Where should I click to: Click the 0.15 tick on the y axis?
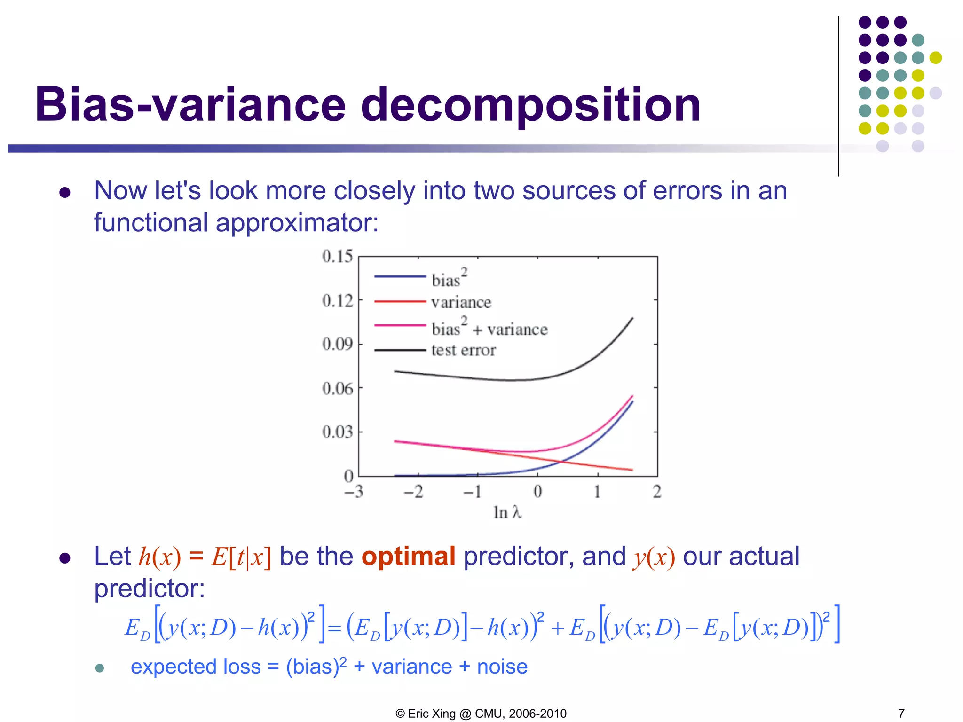coord(337,257)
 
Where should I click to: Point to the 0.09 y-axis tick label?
coord(337,344)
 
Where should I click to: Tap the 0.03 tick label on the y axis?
coord(337,432)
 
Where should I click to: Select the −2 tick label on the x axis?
coord(413,492)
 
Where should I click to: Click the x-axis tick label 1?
coord(597,492)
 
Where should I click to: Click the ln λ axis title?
coord(507,512)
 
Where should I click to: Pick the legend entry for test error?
coord(463,350)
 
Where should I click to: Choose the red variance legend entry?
coord(461,302)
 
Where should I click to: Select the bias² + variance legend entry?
coord(489,328)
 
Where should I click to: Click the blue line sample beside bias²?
coord(400,277)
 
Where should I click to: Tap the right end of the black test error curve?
coord(632,318)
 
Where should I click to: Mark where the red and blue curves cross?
coord(560,462)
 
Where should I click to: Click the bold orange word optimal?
coord(408,557)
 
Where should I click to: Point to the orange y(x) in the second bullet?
coord(654,557)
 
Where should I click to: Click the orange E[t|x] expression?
coord(241,557)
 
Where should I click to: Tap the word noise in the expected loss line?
coord(502,667)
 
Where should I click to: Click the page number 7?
coord(901,713)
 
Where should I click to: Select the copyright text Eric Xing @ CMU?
coord(481,713)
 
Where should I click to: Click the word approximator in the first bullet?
coord(296,223)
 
